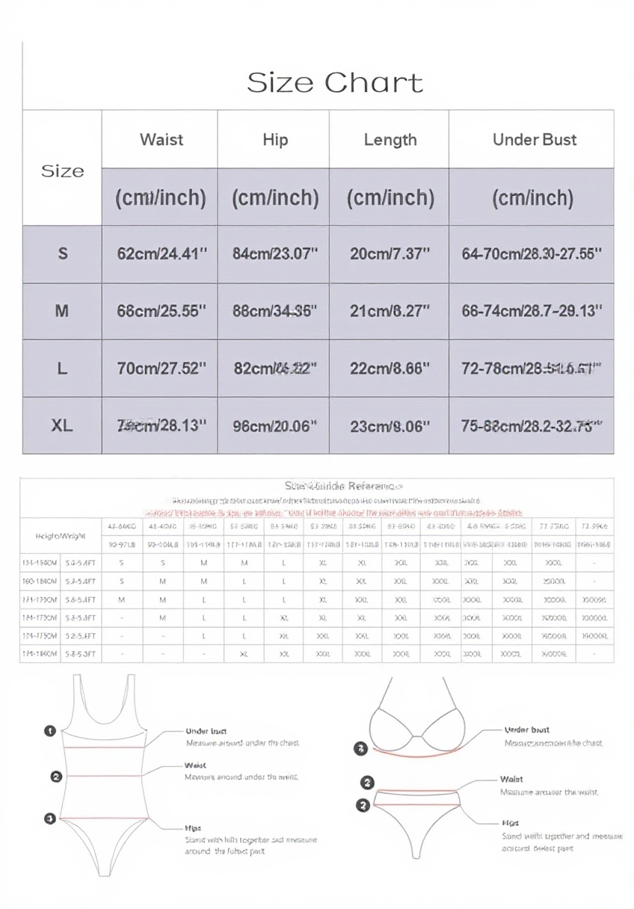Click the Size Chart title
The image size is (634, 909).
[335, 82]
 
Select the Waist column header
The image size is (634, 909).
[161, 140]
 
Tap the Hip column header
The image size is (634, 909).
[275, 140]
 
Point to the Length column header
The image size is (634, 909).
[390, 140]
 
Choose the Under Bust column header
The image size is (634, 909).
[534, 140]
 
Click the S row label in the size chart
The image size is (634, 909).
[63, 253]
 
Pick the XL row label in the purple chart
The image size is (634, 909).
[63, 425]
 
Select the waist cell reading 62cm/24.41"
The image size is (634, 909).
[161, 253]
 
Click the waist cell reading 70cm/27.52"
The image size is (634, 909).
[161, 369]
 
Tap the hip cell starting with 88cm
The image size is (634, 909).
[275, 311]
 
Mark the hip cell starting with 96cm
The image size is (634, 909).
[275, 425]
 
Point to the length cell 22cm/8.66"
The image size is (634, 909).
[390, 369]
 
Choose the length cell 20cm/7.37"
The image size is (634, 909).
[390, 253]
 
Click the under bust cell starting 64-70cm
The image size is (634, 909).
[532, 253]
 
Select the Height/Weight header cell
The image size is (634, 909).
[60, 535]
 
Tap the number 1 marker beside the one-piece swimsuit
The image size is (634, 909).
[50, 730]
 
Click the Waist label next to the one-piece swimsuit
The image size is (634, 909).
[195, 765]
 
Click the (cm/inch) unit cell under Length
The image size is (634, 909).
[390, 197]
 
